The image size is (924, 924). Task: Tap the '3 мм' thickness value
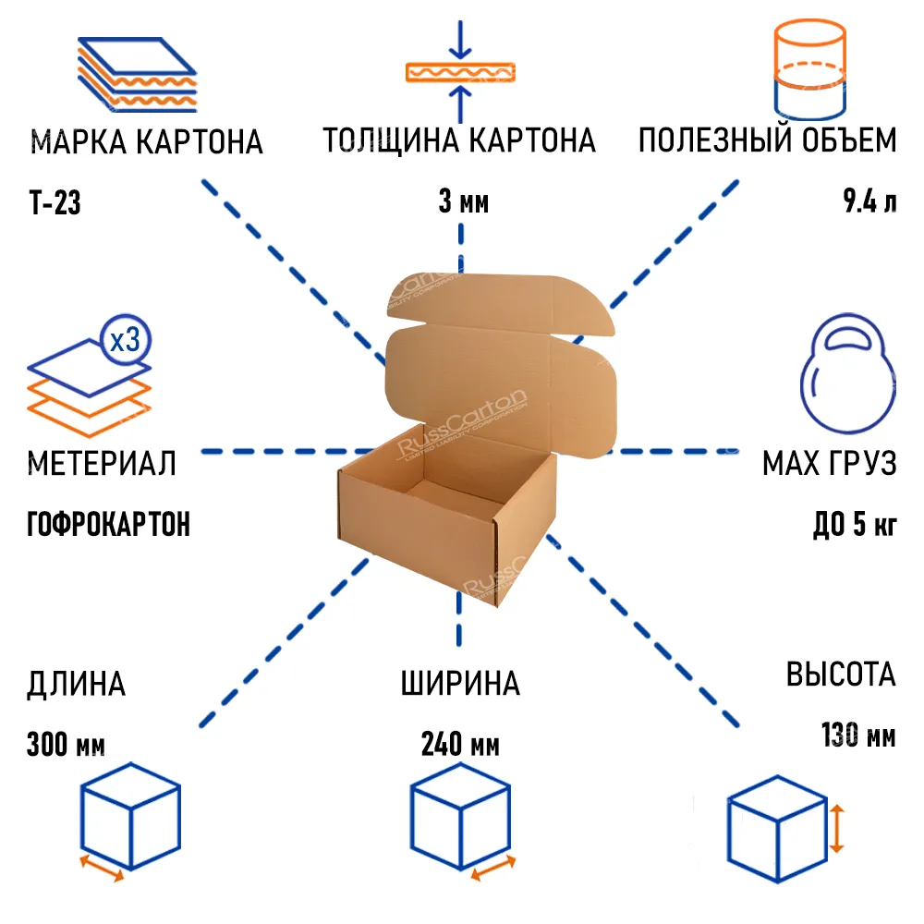point(463,202)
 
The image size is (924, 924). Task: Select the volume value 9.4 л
point(869,202)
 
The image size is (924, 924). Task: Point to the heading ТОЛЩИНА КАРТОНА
point(459,141)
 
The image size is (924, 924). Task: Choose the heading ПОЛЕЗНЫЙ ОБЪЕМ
point(767,141)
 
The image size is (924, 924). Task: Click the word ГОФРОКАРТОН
point(109,524)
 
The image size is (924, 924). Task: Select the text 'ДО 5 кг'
point(854,524)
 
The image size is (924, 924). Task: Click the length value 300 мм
point(67,744)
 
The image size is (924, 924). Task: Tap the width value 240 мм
point(460,744)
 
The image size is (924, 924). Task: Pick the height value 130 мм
point(857,736)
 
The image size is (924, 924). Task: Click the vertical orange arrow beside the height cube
point(836,828)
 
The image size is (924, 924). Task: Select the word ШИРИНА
point(460,685)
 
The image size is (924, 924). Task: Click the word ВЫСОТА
point(841,675)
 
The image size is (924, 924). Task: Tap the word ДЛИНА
point(77,685)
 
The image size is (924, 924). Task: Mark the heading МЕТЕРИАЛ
point(102,463)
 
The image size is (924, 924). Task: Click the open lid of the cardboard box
point(499,370)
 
